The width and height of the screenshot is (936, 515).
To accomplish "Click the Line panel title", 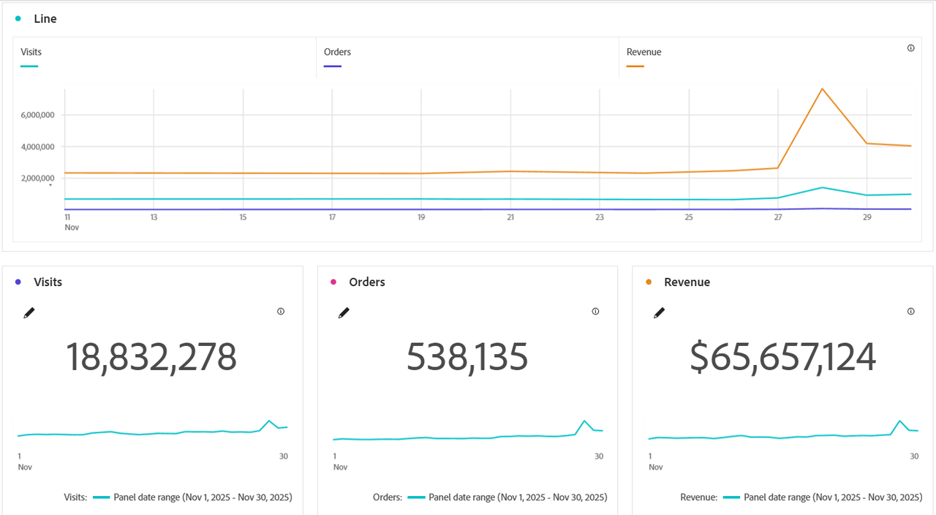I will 45,19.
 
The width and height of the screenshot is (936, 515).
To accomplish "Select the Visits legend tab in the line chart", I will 31,52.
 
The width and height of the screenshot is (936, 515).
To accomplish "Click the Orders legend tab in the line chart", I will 337,52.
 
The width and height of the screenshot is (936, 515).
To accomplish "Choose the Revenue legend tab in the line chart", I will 643,52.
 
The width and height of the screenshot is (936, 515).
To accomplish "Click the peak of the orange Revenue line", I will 822,89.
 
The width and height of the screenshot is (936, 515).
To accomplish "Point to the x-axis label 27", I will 778,217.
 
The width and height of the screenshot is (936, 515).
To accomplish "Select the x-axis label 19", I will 421,217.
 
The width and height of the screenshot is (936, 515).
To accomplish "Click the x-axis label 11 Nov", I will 71,222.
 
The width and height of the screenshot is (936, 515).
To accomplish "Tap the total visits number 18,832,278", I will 151,358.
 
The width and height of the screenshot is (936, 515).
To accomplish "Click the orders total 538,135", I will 467,358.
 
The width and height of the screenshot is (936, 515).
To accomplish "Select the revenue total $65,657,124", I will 782,358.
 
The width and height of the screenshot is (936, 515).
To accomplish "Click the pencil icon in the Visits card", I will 29,313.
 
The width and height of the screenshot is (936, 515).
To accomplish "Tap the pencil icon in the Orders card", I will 344,313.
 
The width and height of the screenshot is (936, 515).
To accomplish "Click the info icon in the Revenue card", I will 910,312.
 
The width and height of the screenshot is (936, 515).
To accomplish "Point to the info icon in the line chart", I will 910,48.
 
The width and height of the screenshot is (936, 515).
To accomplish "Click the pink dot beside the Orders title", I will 333,282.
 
